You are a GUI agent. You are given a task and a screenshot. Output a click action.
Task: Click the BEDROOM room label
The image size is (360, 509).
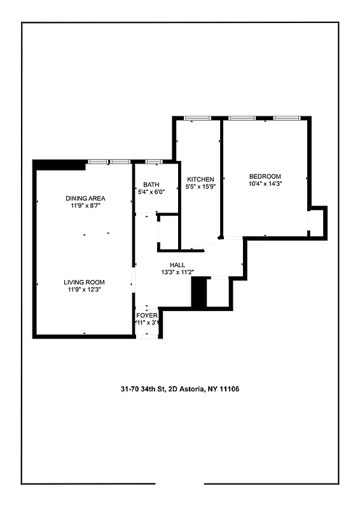pos(265,176)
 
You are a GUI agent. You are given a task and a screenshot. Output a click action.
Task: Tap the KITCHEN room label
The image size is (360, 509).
pos(200,179)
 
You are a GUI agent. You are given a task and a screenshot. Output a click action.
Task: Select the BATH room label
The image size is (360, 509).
pos(151,185)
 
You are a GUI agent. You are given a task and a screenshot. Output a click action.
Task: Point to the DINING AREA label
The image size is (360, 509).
pos(85,199)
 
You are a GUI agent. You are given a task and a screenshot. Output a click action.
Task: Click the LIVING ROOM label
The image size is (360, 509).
pos(84,282)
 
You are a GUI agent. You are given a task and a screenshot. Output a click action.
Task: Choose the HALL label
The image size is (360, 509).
pos(177,265)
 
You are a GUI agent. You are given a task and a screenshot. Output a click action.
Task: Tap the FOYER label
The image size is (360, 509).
pos(147,316)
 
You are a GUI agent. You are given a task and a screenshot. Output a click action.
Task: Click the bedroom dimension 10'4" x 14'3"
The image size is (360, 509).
pos(265,184)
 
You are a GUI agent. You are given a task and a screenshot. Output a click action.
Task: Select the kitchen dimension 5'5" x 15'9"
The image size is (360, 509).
pos(200,187)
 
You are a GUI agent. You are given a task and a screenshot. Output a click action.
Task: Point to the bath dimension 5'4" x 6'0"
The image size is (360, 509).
pos(151,192)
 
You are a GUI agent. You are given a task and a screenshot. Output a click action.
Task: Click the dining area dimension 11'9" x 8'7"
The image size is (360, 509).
pos(85,206)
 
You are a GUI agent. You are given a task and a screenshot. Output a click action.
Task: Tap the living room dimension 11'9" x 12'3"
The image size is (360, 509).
pos(84,289)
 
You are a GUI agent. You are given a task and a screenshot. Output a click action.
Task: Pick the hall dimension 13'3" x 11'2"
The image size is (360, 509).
pos(177,273)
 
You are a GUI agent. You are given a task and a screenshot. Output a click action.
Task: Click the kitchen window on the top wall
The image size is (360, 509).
pos(197,118)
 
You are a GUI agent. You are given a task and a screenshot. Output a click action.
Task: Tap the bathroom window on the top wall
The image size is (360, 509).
pos(153,162)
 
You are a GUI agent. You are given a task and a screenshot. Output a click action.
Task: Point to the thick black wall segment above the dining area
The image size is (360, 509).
pos(59,164)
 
